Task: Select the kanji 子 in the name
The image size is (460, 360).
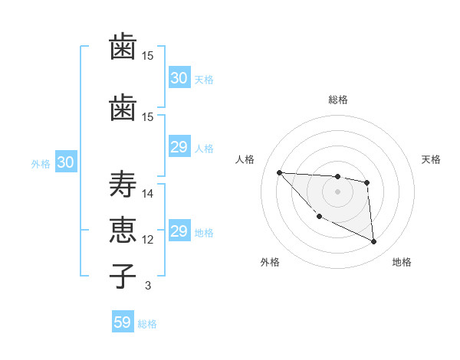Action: [123, 275]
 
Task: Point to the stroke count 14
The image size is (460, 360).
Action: [148, 194]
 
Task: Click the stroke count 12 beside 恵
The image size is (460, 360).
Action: [148, 240]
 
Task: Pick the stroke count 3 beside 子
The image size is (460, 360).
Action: [148, 286]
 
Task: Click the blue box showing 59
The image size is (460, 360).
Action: [123, 322]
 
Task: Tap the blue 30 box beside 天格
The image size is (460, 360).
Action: [179, 78]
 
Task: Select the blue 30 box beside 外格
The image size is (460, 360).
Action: [65, 162]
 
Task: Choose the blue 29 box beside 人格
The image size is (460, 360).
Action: [179, 148]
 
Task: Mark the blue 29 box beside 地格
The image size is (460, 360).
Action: [179, 232]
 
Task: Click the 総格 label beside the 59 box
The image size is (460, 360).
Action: [147, 324]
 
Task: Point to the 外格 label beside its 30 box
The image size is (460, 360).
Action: [41, 163]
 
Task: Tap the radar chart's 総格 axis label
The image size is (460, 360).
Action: [337, 100]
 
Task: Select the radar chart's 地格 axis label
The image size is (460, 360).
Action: [402, 262]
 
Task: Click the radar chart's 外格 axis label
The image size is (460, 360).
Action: [270, 262]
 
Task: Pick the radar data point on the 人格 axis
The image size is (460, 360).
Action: [279, 172]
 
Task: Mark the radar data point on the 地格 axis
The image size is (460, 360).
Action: [374, 242]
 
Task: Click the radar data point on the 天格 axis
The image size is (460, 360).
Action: [367, 182]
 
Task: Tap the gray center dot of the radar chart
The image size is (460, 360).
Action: [337, 191]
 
